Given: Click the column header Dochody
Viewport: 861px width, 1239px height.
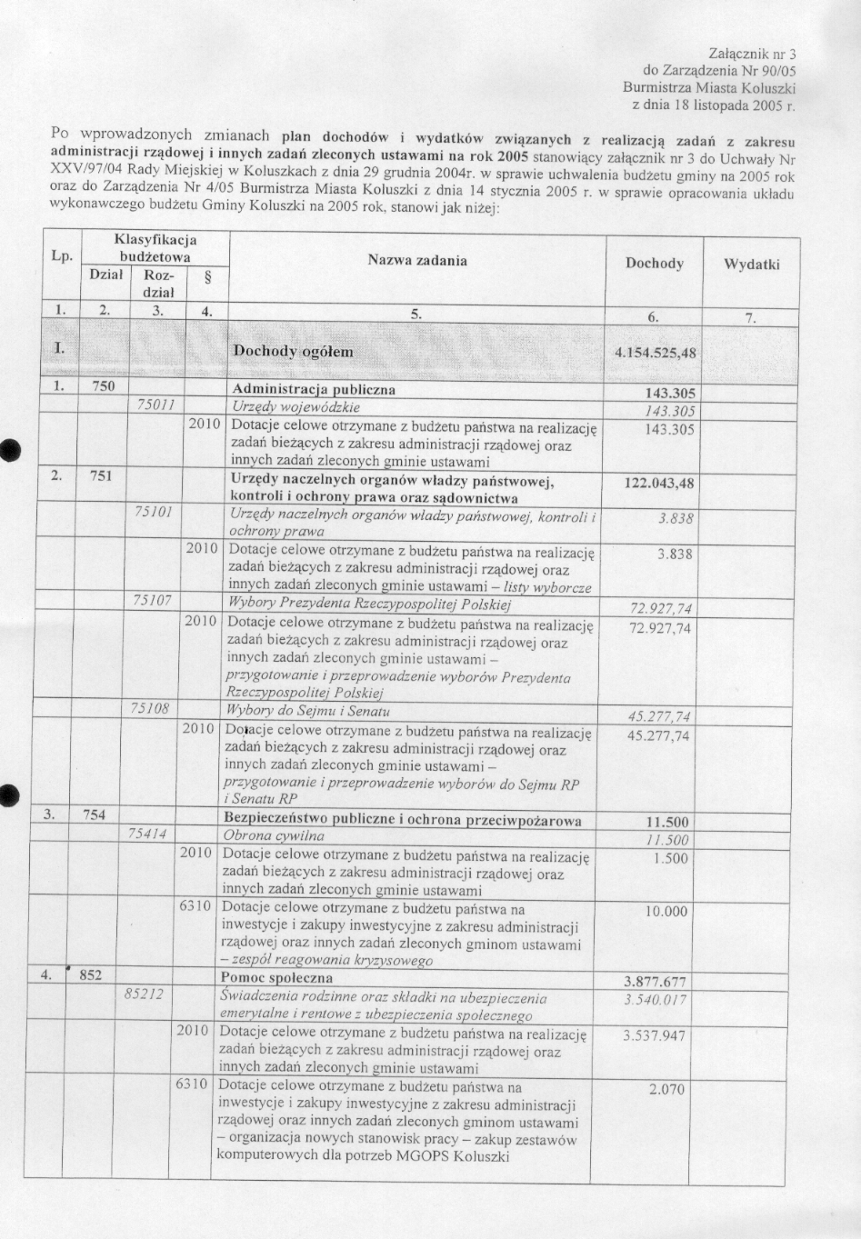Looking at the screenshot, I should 655,264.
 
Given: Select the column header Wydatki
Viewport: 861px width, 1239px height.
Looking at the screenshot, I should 752,265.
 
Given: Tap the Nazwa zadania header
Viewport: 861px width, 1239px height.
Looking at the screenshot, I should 417,261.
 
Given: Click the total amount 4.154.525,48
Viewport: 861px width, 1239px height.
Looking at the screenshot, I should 655,352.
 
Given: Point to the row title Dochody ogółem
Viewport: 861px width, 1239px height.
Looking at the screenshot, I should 294,351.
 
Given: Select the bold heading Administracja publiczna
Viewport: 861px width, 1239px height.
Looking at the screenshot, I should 314,389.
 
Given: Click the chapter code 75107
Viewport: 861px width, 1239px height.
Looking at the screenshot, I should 152,602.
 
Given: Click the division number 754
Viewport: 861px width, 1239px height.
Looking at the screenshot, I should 95,815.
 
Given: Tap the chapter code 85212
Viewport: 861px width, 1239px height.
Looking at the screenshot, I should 144,994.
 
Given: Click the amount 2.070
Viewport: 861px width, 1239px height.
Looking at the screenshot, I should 667,1089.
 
